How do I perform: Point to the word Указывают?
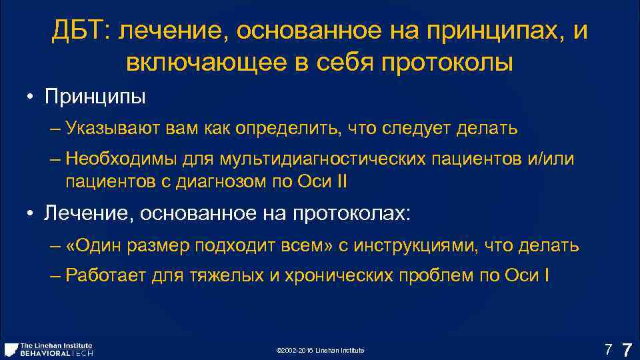pos(107,129)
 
